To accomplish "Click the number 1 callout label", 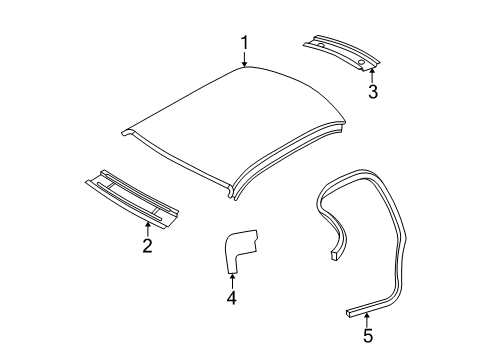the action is (242, 42).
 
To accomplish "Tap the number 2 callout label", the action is (146, 246).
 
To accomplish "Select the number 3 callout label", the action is (372, 93).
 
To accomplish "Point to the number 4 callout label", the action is (232, 297).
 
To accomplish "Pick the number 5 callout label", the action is (368, 335).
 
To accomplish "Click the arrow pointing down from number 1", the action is (243, 60).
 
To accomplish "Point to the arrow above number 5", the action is (367, 317).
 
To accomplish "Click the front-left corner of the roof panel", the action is (125, 130).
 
